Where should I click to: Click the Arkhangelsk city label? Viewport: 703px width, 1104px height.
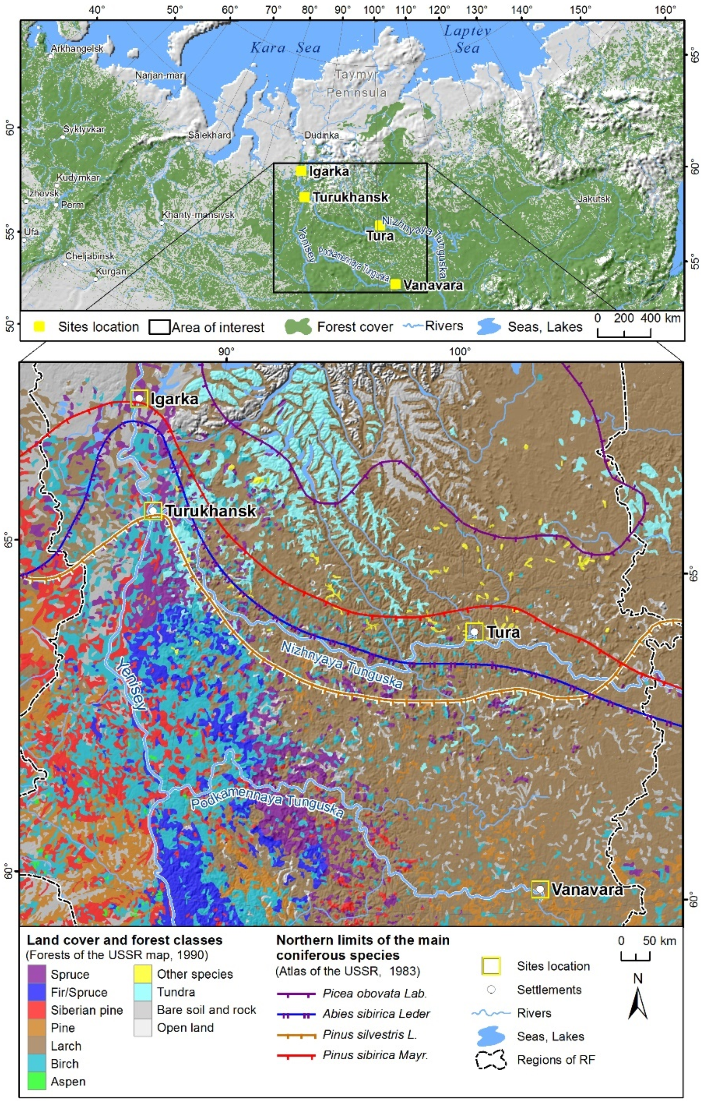tap(77, 49)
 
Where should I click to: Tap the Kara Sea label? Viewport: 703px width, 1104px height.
tap(285, 48)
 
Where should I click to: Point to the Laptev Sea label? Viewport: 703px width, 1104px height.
tap(467, 40)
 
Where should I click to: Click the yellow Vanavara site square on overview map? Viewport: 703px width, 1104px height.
tap(395, 284)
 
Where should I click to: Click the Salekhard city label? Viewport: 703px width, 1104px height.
tap(210, 135)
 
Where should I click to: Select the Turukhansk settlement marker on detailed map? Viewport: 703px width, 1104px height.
tap(153, 510)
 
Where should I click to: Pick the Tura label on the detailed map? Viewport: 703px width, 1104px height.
tap(503, 632)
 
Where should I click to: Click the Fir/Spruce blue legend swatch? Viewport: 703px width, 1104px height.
tap(37, 992)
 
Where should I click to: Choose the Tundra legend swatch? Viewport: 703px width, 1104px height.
tap(142, 992)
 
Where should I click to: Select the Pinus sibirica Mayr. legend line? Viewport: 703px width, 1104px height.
tap(296, 1055)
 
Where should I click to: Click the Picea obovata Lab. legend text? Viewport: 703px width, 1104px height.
tap(375, 993)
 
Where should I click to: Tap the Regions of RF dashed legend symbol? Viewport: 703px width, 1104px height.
tap(490, 1060)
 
